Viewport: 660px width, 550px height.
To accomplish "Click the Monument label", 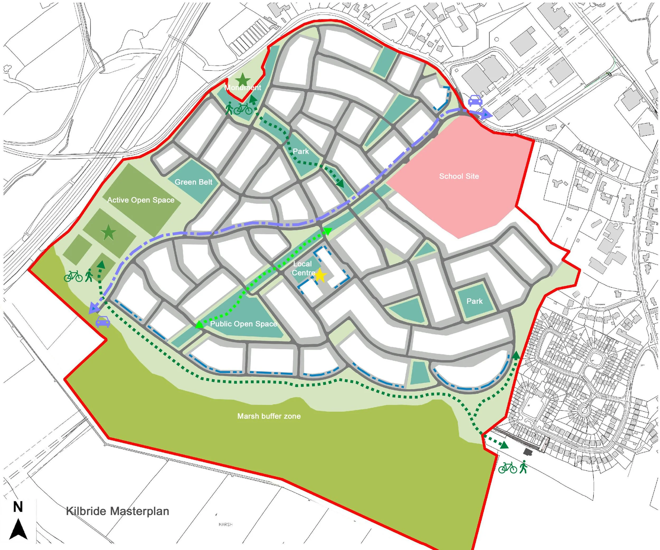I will [x=243, y=87].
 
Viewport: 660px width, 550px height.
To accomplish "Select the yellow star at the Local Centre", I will [x=320, y=275].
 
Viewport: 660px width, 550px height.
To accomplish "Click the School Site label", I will [x=459, y=176].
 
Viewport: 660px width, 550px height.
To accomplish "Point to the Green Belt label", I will [x=193, y=182].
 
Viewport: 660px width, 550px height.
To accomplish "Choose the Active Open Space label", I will [x=141, y=200].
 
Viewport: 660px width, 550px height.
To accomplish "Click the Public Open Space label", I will [x=244, y=324].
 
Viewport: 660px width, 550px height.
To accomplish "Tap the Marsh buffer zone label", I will [x=269, y=416].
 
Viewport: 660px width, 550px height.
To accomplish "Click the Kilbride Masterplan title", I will [x=117, y=511].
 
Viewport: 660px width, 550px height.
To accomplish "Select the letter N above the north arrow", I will [x=18, y=507].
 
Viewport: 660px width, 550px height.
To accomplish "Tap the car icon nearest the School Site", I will [x=475, y=101].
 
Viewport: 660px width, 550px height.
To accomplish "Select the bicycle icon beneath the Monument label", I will [x=243, y=109].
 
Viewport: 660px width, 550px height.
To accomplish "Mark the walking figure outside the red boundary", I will [x=523, y=467].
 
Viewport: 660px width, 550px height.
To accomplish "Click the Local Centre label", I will [x=302, y=268].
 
